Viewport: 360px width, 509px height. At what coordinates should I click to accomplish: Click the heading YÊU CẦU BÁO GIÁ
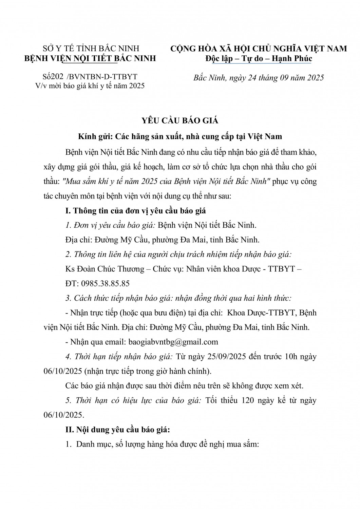click(179, 120)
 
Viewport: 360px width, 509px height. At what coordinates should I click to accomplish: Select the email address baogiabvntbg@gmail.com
click(173, 342)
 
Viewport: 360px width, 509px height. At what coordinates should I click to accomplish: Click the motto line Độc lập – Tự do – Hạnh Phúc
click(259, 58)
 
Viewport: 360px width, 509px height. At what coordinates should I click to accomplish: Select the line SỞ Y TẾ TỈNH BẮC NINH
click(91, 49)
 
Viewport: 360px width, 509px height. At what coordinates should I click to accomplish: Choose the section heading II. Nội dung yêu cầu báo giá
click(117, 430)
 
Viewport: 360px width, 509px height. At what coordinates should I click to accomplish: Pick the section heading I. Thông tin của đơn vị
click(135, 210)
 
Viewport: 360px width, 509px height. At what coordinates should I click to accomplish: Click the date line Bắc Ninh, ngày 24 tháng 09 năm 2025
click(259, 78)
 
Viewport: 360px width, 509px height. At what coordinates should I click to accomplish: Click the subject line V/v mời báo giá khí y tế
click(90, 86)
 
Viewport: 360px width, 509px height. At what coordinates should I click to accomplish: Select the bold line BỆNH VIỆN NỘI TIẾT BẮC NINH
click(91, 58)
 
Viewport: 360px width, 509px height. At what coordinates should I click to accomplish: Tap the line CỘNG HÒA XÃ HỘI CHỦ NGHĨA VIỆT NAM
click(259, 49)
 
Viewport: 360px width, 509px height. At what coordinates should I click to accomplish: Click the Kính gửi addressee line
click(180, 137)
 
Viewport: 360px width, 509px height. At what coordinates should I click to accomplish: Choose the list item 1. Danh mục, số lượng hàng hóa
click(162, 444)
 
